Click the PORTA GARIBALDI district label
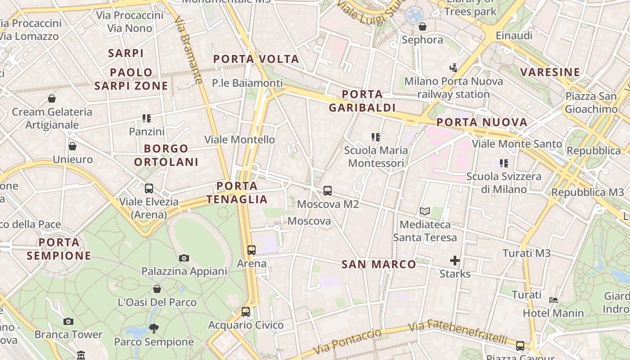(x=362, y=101)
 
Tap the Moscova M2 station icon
(x=328, y=191)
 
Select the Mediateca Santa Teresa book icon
(x=424, y=211)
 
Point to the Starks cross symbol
(x=455, y=261)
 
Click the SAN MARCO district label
(x=379, y=265)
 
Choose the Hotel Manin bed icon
(x=553, y=300)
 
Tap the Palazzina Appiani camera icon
(x=184, y=258)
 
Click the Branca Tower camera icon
(x=68, y=321)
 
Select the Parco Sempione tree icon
(x=154, y=328)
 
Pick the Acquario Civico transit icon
(x=246, y=311)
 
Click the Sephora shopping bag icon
(x=423, y=27)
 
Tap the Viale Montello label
(x=239, y=139)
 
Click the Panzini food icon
(x=147, y=118)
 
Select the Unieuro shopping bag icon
(x=72, y=146)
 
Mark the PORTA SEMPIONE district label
(x=59, y=249)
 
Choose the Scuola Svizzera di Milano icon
(x=504, y=163)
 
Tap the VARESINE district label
(x=550, y=72)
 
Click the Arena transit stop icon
(x=252, y=250)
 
